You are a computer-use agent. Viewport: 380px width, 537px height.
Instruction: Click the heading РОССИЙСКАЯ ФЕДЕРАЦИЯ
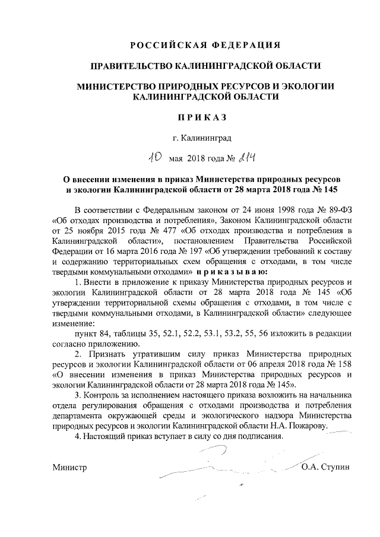pos(205,45)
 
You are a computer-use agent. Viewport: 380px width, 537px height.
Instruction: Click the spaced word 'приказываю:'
pos(234,270)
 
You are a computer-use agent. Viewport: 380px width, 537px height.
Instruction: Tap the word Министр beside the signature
pos(69,466)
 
